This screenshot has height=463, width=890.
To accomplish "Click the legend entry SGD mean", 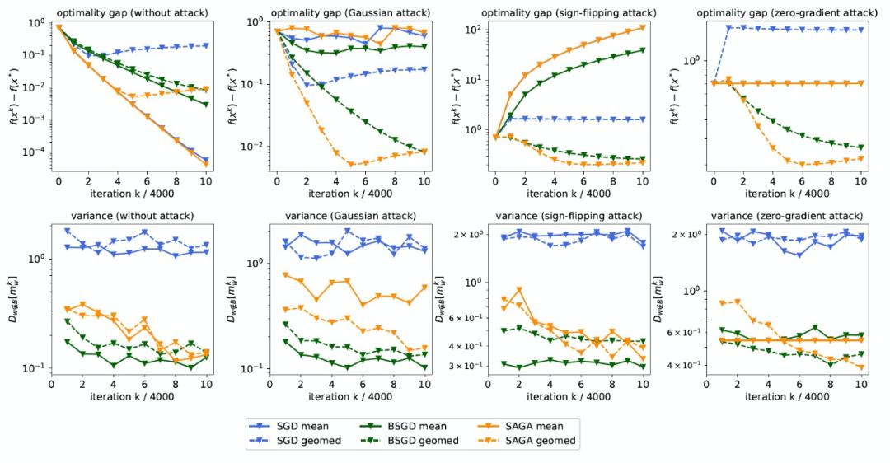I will pyautogui.click(x=302, y=426).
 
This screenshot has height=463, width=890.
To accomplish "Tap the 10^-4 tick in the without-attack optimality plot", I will pyautogui.click(x=36, y=152).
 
